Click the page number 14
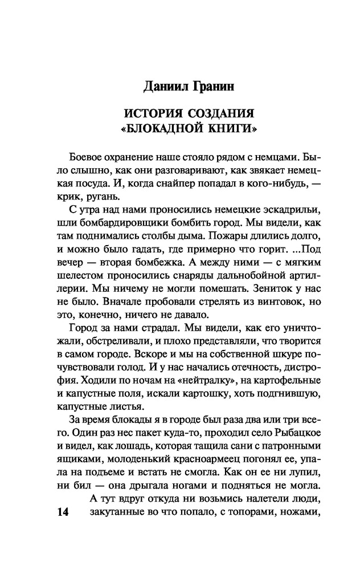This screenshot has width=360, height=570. (x=62, y=513)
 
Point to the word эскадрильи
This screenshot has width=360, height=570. (x=277, y=211)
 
